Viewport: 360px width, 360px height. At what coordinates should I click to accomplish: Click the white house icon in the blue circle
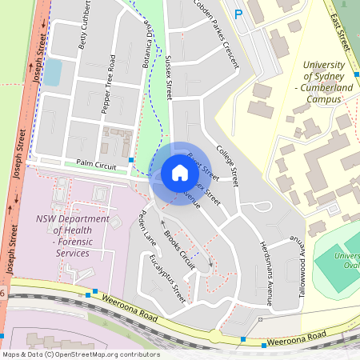point(180,173)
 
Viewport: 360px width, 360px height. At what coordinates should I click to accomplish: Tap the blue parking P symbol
point(237,14)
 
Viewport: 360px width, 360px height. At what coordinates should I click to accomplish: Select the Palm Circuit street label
point(96,164)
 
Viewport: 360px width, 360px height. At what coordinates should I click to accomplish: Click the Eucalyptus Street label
point(168,278)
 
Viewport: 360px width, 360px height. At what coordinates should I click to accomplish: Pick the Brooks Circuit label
point(179,249)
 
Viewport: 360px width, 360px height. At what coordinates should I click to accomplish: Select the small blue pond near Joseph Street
point(52,73)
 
